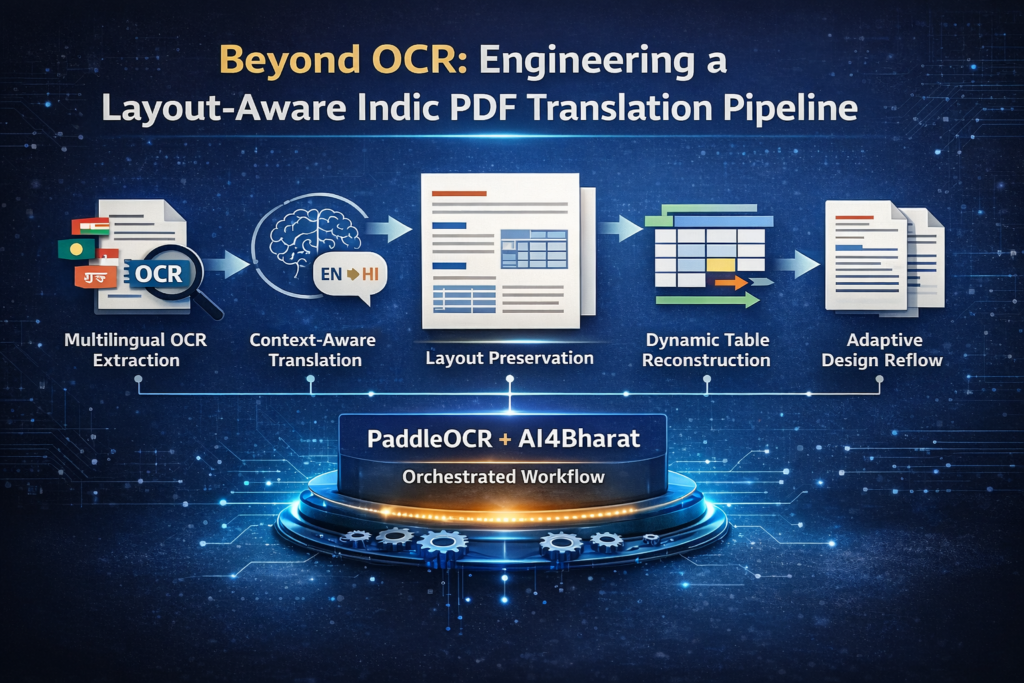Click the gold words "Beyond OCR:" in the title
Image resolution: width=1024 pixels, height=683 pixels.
(343, 60)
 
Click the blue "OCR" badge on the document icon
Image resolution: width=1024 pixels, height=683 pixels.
(158, 274)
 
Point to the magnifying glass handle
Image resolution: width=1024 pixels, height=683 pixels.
(209, 304)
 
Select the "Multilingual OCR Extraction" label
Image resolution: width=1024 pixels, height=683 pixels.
(136, 350)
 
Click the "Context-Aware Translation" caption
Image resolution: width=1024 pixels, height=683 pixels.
(313, 350)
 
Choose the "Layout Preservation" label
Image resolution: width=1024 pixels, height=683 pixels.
(509, 358)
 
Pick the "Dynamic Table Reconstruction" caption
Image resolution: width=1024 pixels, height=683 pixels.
(707, 350)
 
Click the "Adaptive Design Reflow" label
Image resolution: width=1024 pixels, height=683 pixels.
(882, 350)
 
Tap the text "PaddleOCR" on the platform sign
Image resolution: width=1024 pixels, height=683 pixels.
(429, 439)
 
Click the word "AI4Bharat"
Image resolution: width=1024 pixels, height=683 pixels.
(579, 439)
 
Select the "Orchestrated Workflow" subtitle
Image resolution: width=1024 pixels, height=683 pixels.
(504, 477)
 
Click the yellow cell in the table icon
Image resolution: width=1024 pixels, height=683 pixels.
(721, 265)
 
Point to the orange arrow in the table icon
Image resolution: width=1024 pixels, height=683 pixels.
(731, 283)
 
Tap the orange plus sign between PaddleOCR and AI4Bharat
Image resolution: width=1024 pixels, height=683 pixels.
(505, 439)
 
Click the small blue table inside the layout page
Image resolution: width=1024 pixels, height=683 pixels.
(534, 249)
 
